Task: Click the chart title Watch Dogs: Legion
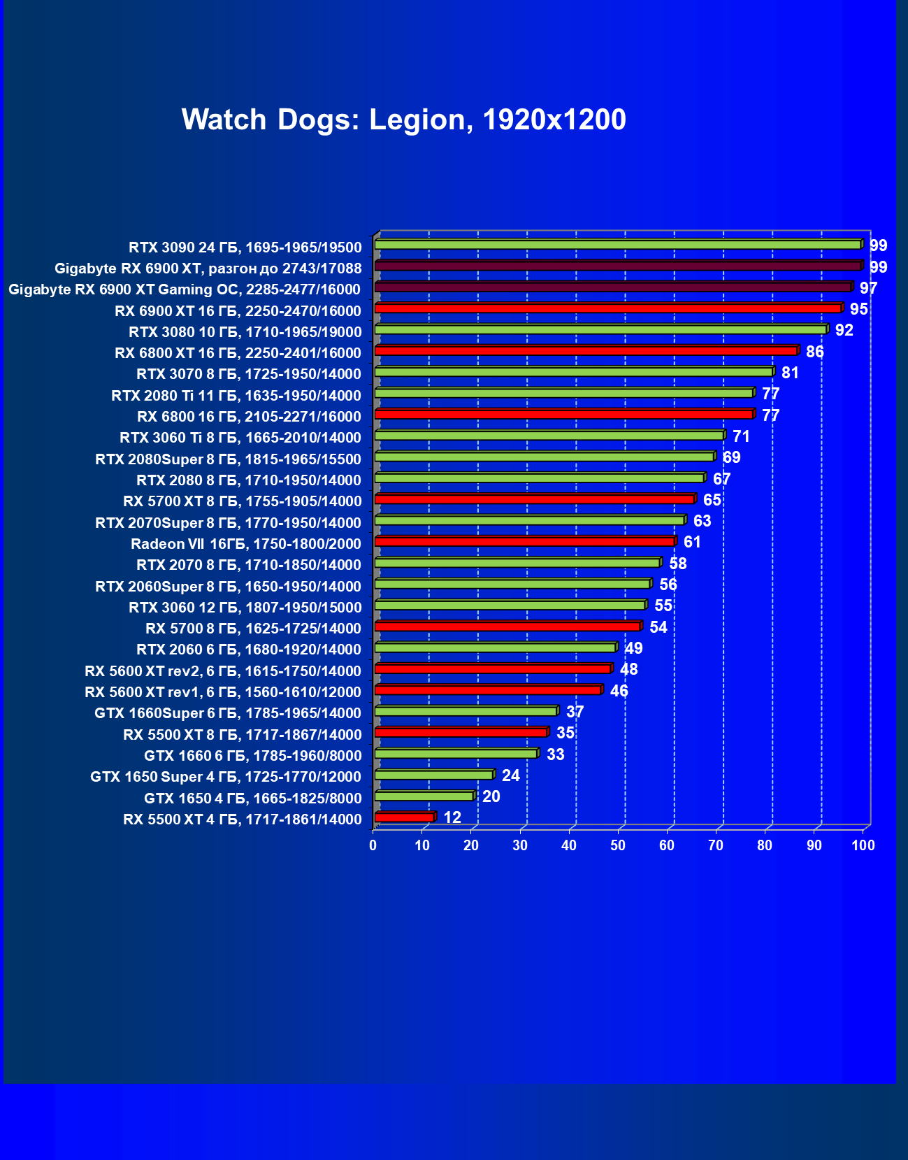tap(403, 120)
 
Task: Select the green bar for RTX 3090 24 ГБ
tap(618, 245)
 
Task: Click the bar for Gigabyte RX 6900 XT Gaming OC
tap(613, 287)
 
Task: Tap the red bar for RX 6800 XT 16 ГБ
tap(586, 350)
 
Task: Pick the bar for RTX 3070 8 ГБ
tap(574, 372)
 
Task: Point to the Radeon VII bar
tap(524, 541)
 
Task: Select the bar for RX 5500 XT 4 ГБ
tap(405, 817)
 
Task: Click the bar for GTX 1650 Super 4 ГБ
tap(434, 775)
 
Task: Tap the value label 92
tap(844, 330)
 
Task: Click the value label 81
tap(790, 373)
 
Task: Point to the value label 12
tap(452, 817)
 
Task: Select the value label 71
tap(741, 436)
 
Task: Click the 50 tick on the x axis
tap(618, 845)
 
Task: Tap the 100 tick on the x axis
tap(863, 845)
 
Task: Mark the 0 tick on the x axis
tap(373, 845)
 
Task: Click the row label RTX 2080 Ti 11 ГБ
tap(236, 396)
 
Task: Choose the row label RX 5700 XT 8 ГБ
tap(243, 501)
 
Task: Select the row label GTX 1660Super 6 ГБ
tap(228, 713)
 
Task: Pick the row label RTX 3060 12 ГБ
tap(245, 608)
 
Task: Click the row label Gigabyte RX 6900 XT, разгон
tap(208, 268)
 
